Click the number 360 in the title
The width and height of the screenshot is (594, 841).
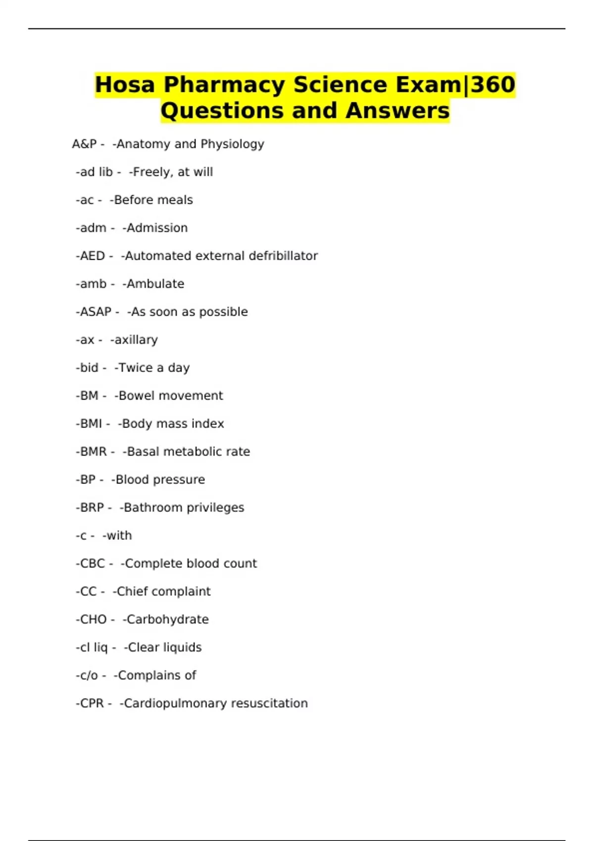[x=493, y=85]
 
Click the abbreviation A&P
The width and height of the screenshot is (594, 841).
[x=84, y=144]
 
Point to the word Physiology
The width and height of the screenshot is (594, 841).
[x=232, y=144]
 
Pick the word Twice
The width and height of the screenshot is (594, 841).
[x=135, y=368]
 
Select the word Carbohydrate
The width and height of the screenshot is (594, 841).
[x=167, y=619]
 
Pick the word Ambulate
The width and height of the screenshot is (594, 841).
[x=155, y=284]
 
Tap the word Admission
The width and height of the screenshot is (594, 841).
[x=157, y=228]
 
